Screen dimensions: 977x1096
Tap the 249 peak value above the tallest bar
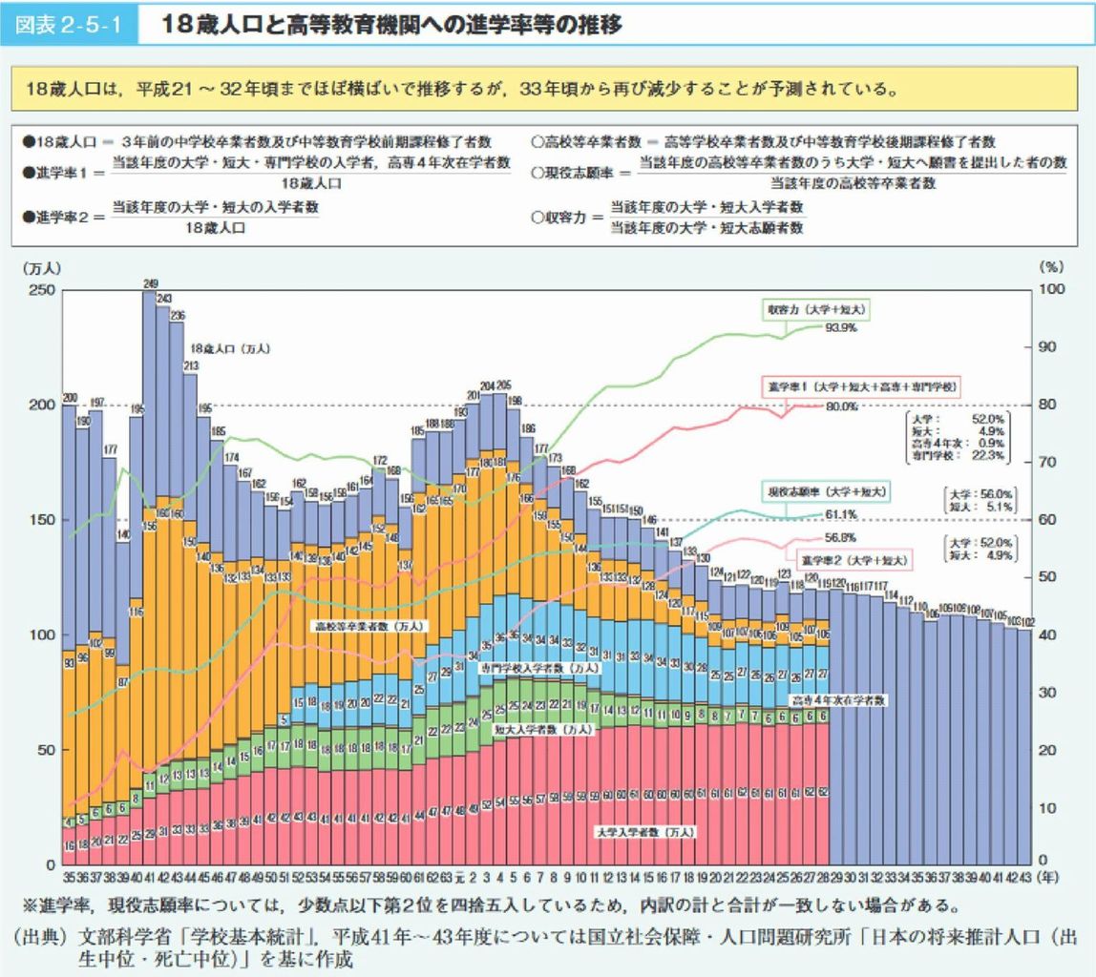pos(150,283)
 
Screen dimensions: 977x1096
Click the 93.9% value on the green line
pos(840,327)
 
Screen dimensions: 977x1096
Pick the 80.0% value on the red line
pos(841,406)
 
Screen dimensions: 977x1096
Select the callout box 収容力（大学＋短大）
pos(817,310)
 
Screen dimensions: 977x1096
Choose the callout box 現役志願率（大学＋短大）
pos(827,491)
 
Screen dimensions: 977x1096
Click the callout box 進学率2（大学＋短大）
pos(853,557)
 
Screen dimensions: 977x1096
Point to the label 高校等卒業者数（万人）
pos(371,627)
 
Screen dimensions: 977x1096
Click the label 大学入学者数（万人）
pos(644,832)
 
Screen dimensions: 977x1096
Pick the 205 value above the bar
pos(504,385)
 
